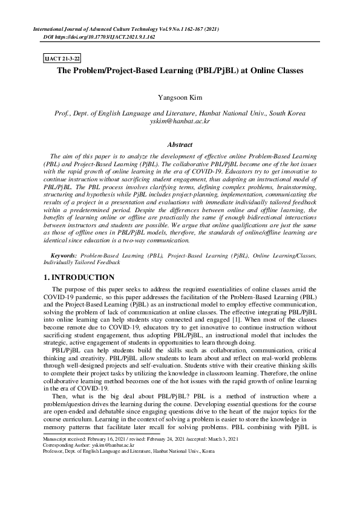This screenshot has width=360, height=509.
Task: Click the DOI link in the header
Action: tap(100, 37)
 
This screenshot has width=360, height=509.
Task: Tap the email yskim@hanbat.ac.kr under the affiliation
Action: tap(179, 121)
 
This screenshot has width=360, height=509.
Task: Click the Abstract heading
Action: tap(180, 145)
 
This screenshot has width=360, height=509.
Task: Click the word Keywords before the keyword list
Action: tap(64, 256)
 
